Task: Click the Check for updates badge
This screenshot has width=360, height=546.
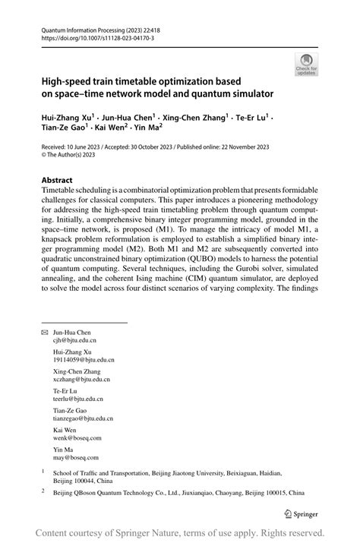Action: pos(306,65)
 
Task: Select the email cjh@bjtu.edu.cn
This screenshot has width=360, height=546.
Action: pos(77,342)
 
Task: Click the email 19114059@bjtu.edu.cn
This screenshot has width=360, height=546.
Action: pos(84,361)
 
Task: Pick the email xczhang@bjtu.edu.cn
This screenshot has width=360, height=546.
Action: pos(82,379)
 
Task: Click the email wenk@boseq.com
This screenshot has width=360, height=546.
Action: pos(76,438)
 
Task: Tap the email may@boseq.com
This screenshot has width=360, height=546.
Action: pos(74,458)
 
